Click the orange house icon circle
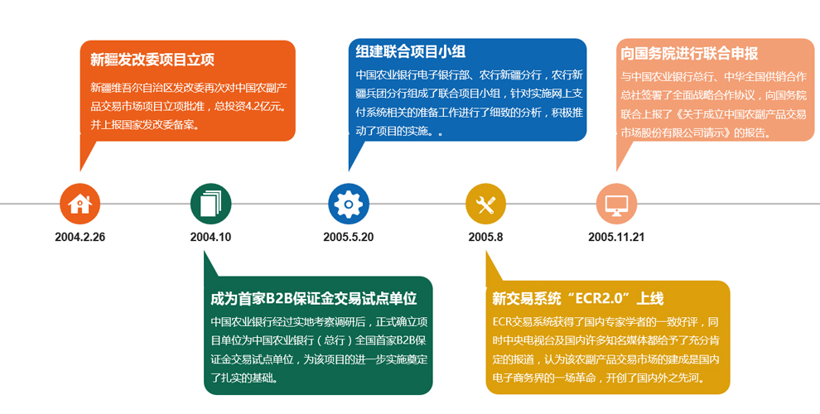click(80, 204)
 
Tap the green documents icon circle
click(210, 204)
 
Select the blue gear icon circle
click(348, 204)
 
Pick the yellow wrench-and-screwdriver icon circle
click(486, 204)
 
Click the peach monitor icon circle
click(616, 204)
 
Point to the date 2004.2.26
click(80, 237)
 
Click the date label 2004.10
click(210, 237)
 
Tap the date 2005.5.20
click(348, 237)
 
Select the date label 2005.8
click(486, 237)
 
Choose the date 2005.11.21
click(616, 237)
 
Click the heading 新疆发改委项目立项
click(152, 60)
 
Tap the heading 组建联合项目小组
click(411, 51)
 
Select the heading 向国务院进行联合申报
click(689, 54)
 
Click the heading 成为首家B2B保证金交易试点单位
click(314, 299)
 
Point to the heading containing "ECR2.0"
click(578, 299)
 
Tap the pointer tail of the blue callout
click(349, 170)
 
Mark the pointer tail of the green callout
click(205, 253)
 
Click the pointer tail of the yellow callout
click(487, 252)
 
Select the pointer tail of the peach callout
click(617, 170)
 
